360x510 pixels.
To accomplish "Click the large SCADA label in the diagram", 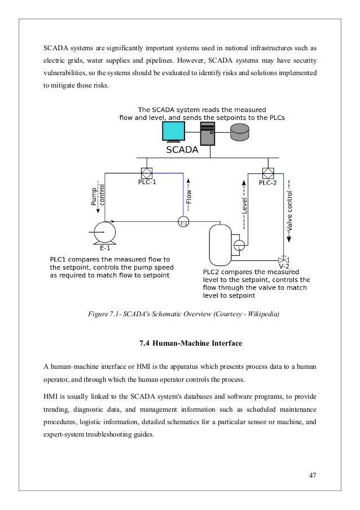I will pos(182,151).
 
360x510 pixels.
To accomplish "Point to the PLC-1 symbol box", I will pos(147,173).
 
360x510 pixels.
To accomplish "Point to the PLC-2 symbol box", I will pos(268,173).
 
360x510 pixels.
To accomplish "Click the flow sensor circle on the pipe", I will pos(183,223).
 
